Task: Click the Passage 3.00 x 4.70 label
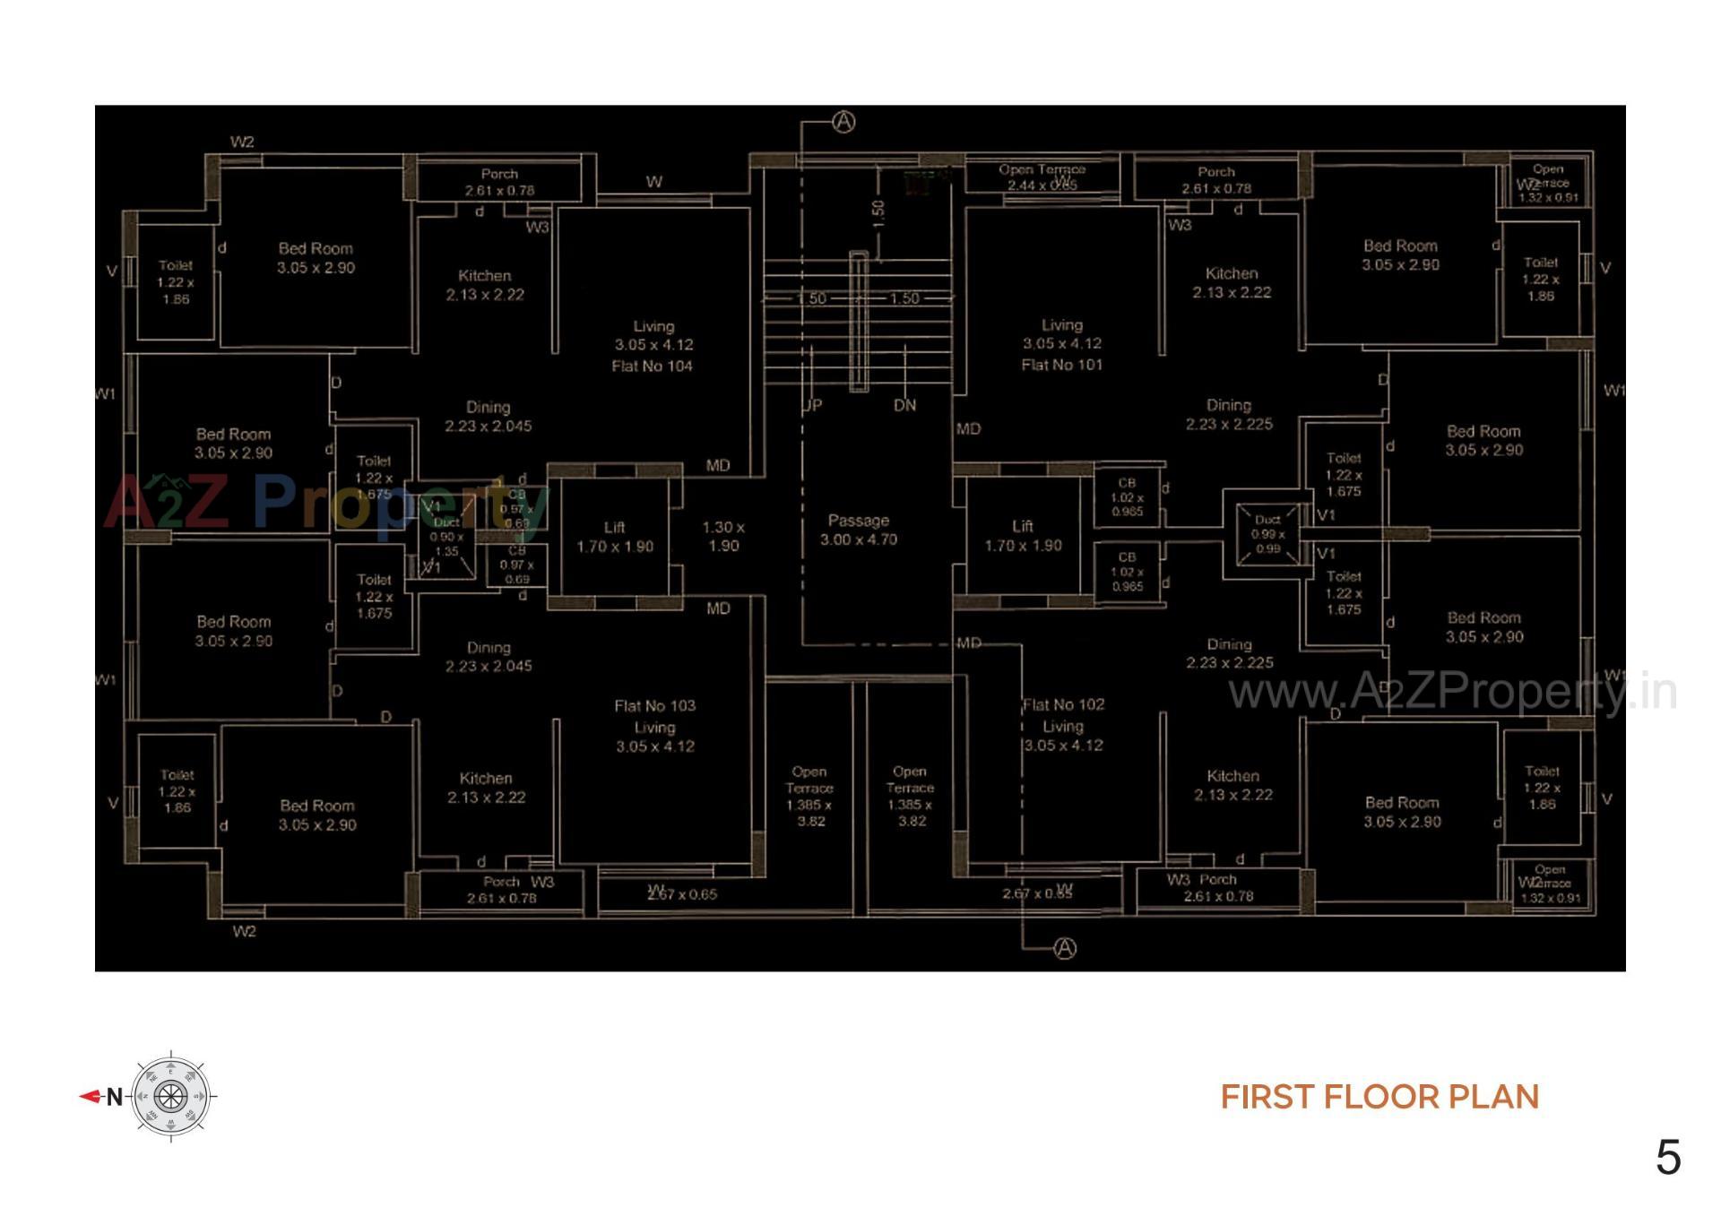click(x=858, y=530)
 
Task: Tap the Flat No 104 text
click(x=652, y=366)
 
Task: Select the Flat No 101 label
click(x=1061, y=365)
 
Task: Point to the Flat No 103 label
click(x=654, y=706)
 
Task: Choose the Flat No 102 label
click(x=1064, y=705)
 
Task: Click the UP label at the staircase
click(x=812, y=405)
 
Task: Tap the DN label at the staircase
click(x=904, y=405)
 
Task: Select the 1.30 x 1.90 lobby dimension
click(x=722, y=536)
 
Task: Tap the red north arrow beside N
click(x=91, y=1096)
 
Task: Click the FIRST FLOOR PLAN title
click(x=1379, y=1097)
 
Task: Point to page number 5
click(x=1667, y=1158)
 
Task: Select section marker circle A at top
click(x=843, y=122)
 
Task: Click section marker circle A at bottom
click(x=1064, y=948)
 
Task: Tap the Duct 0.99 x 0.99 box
click(x=1267, y=534)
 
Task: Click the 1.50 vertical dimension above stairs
click(x=878, y=212)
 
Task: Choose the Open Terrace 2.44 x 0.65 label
click(x=1042, y=177)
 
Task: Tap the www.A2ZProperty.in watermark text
click(x=1452, y=692)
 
